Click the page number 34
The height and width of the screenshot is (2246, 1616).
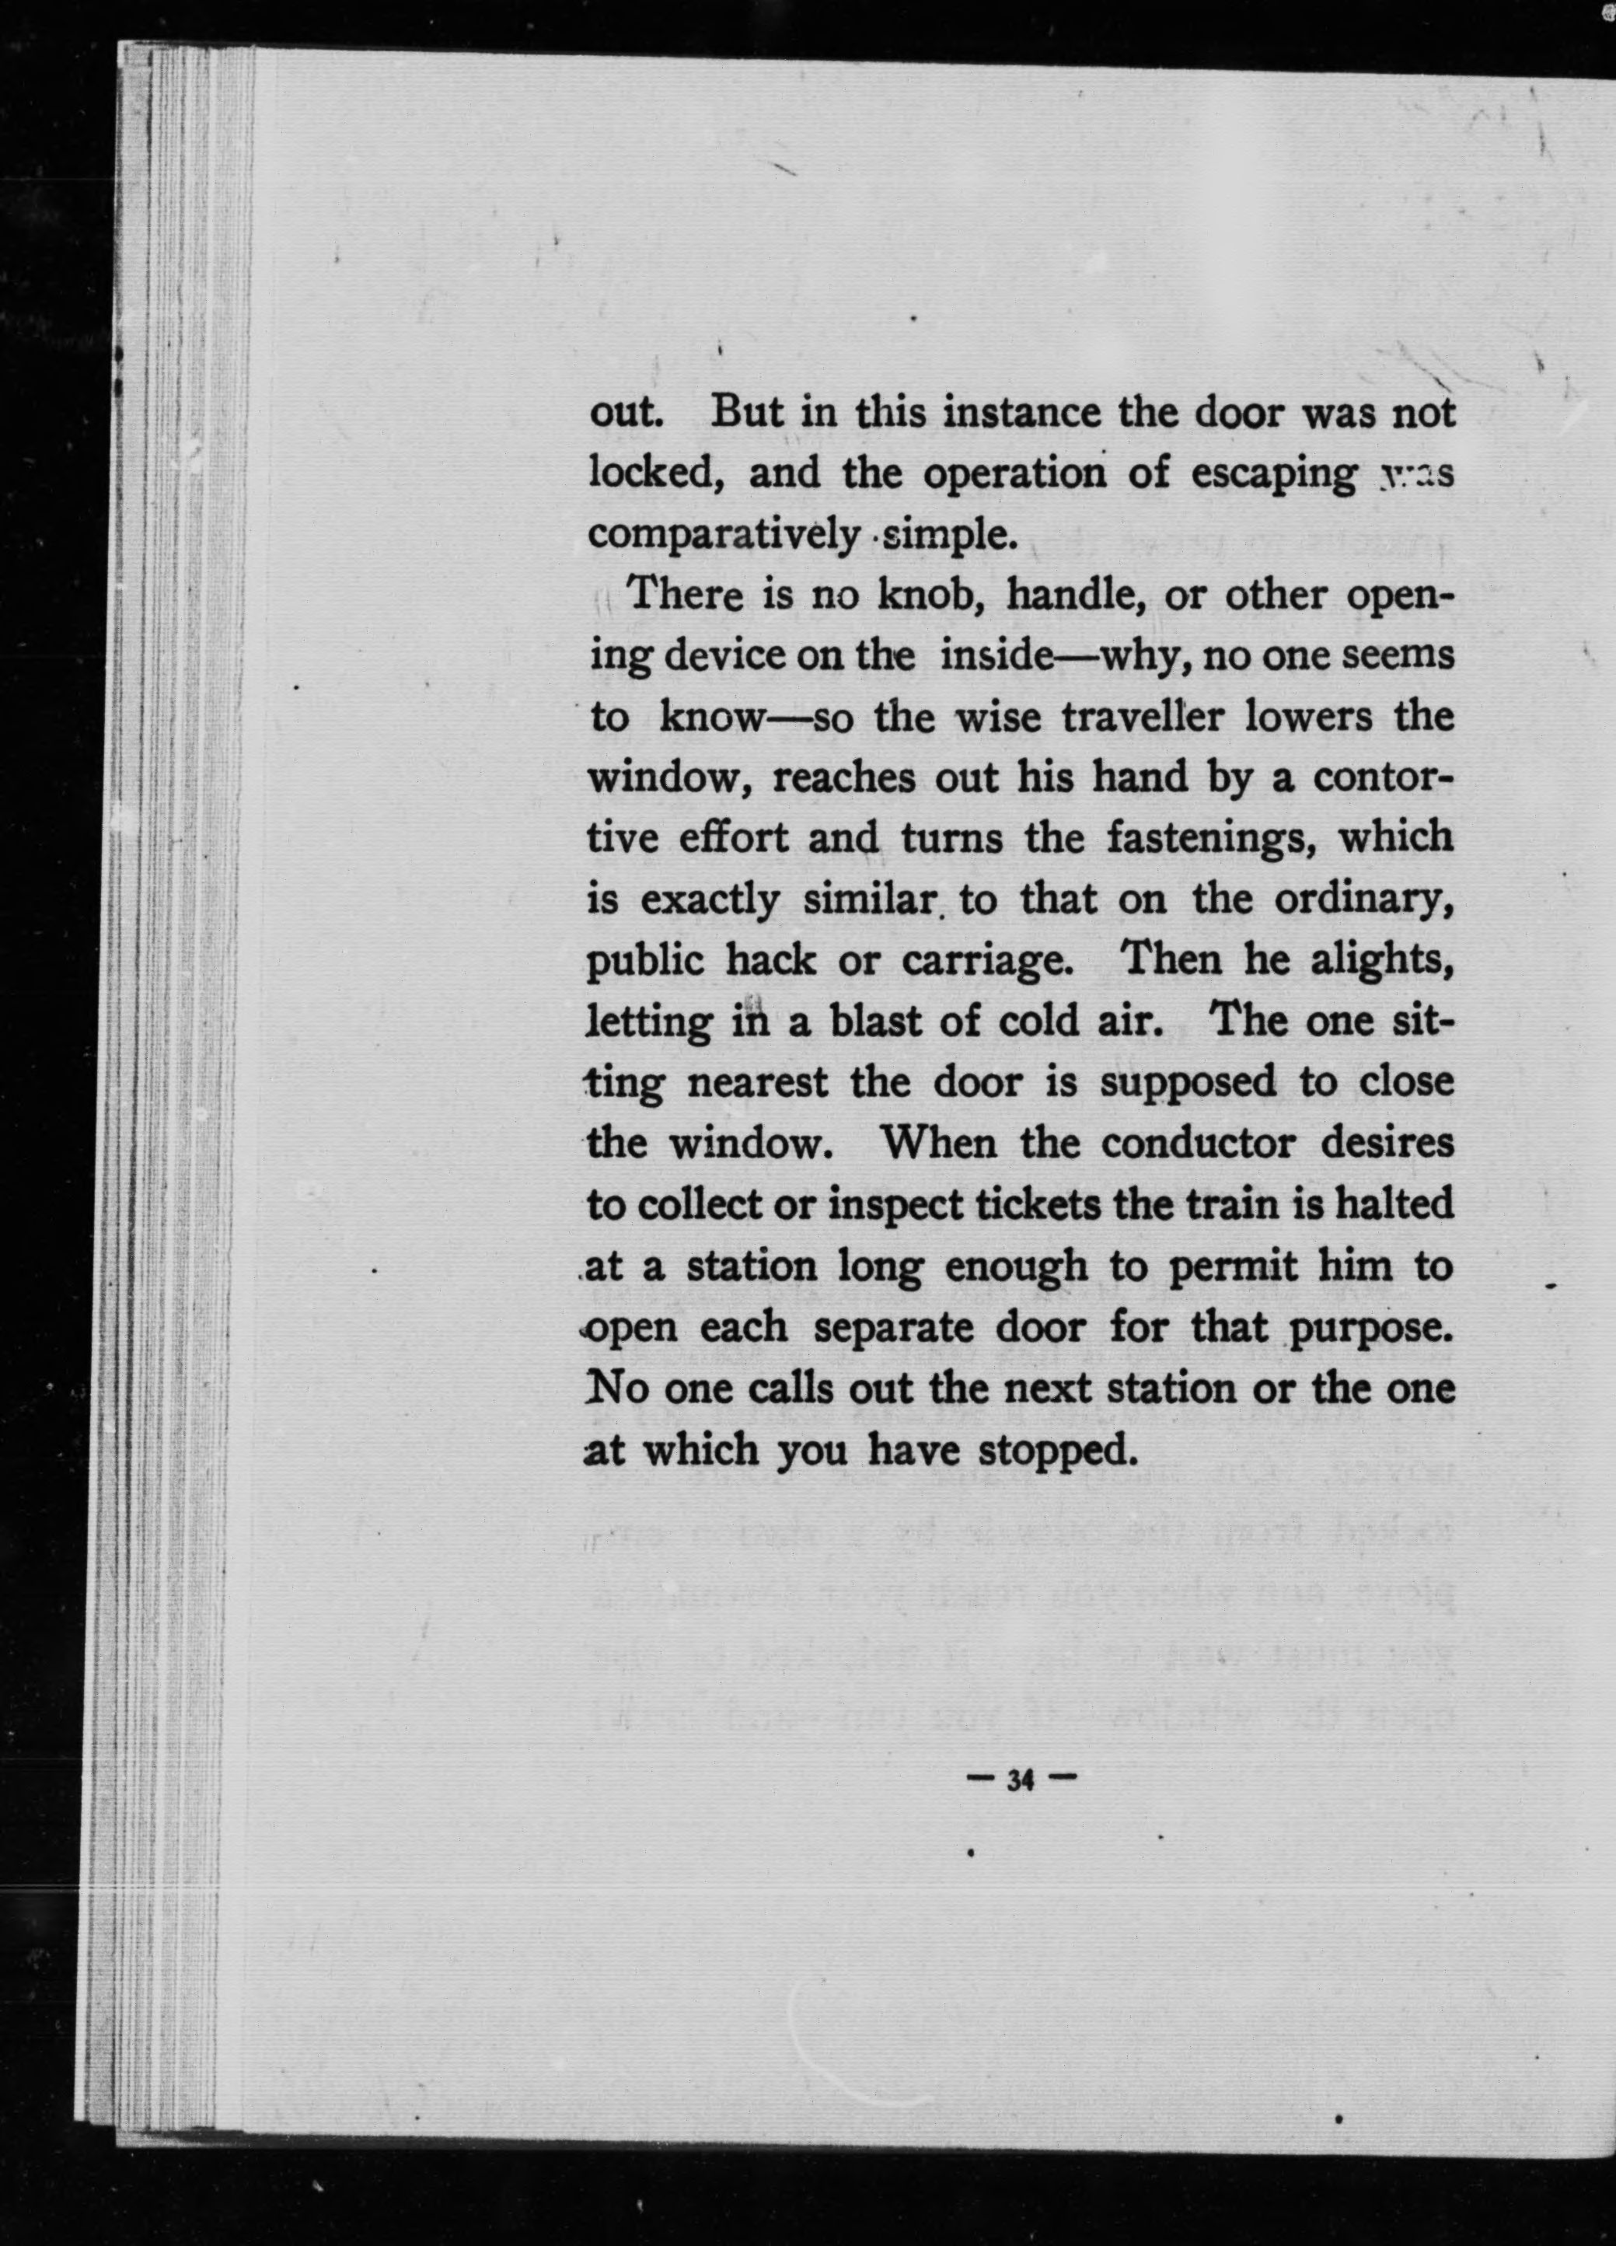coord(1020,1780)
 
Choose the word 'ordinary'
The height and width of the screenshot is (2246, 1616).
coord(1363,899)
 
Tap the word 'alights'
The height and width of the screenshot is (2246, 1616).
coord(1380,961)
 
